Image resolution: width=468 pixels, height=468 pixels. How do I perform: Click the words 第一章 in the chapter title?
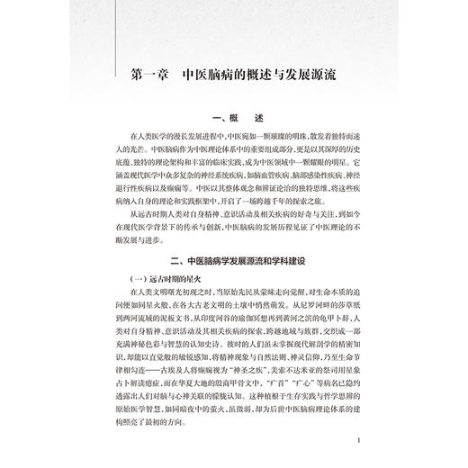click(x=148, y=75)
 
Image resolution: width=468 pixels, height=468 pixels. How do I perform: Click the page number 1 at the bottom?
click(x=359, y=440)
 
